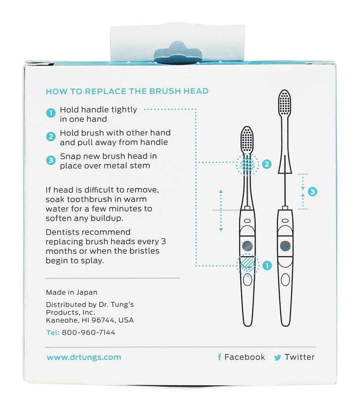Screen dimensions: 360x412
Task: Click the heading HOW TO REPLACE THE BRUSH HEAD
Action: pos(127,91)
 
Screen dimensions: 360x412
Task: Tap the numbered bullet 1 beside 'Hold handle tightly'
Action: pos(51,113)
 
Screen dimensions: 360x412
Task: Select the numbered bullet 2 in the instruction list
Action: pos(51,137)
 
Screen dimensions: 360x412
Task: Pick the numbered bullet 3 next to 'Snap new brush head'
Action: pos(51,160)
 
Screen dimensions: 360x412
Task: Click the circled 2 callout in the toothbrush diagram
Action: pos(267,164)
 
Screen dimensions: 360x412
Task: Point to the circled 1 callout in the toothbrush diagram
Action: pos(267,266)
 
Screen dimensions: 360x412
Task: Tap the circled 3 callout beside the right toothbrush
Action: pos(313,192)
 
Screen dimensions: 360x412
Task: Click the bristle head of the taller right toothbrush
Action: pos(285,102)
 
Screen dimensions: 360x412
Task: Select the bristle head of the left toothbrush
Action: pos(247,139)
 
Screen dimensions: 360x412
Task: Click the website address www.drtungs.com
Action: pos(84,357)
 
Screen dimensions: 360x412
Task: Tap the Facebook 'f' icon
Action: pos(219,357)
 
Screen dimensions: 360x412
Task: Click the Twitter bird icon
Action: pos(278,357)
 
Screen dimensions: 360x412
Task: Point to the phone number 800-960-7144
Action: pos(88,332)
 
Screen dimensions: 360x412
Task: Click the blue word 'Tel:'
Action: pos(53,332)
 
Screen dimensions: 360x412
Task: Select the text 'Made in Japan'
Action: pos(71,292)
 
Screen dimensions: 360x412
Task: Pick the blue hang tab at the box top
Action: pos(178,53)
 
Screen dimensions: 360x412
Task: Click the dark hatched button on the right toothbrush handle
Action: pos(285,246)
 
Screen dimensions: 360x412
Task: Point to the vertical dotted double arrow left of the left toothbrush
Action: pos(221,211)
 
